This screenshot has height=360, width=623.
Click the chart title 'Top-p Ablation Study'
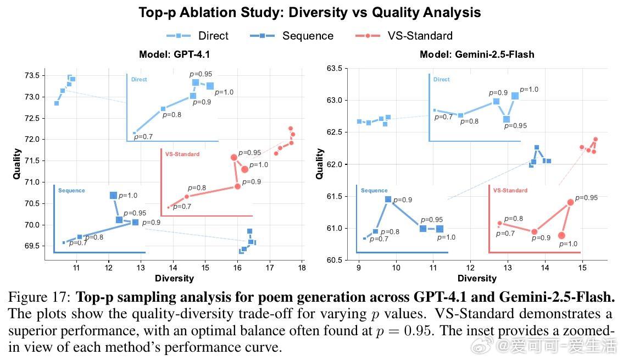(x=309, y=13)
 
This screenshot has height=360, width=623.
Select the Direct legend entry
(x=198, y=36)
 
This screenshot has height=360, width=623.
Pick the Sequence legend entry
(x=291, y=36)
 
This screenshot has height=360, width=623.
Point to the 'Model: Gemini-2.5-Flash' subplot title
(x=477, y=54)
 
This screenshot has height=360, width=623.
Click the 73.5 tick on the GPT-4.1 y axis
(x=30, y=75)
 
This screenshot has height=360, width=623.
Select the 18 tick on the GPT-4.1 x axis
(x=302, y=268)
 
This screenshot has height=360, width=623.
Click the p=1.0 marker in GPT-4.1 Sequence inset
(x=113, y=195)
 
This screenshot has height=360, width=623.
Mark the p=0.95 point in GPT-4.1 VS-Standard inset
(x=234, y=158)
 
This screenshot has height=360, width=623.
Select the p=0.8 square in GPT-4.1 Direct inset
(x=163, y=109)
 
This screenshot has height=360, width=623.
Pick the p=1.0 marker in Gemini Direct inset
(x=515, y=96)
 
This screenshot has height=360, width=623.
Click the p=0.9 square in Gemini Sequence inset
(x=388, y=200)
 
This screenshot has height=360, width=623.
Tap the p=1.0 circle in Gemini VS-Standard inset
(x=561, y=235)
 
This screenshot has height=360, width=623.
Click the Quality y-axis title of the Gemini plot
(x=320, y=164)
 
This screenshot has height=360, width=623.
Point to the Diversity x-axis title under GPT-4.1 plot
(x=174, y=278)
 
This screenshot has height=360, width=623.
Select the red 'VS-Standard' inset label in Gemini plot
(x=510, y=191)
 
